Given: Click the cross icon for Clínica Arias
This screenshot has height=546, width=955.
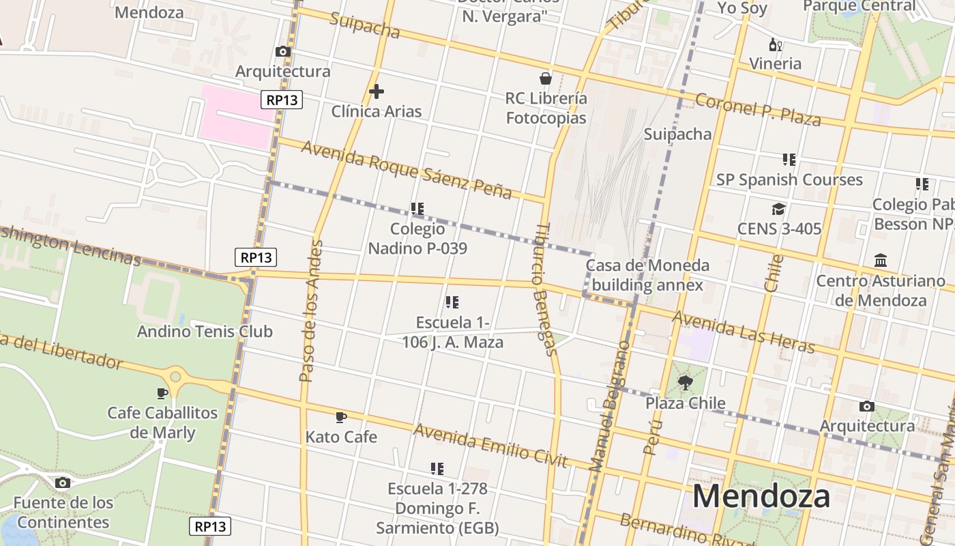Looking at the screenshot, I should pyautogui.click(x=376, y=91).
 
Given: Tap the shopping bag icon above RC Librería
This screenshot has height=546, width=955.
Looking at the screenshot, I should pyautogui.click(x=546, y=78).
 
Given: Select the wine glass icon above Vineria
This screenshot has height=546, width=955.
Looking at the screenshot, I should pyautogui.click(x=776, y=45).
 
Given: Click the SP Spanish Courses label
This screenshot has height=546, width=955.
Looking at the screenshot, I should pyautogui.click(x=789, y=179).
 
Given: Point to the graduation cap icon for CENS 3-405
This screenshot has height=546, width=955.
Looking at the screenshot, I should pyautogui.click(x=779, y=209).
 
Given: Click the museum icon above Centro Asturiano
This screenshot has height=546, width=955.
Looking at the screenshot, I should pyautogui.click(x=881, y=261).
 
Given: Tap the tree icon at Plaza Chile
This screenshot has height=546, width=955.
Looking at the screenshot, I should pyautogui.click(x=685, y=383).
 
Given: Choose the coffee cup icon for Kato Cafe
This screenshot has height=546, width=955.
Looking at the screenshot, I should pyautogui.click(x=341, y=417).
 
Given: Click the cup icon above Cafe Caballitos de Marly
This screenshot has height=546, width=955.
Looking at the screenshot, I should pyautogui.click(x=162, y=393).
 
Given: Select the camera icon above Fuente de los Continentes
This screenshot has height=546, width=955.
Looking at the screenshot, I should pyautogui.click(x=62, y=483).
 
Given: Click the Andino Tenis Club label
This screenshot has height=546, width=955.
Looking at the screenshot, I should pyautogui.click(x=205, y=332).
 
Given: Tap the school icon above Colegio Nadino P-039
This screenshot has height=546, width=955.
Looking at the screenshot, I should pyautogui.click(x=417, y=209).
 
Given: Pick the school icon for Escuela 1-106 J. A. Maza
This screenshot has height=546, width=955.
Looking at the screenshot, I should pyautogui.click(x=452, y=302).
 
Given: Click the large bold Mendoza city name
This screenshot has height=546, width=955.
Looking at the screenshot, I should pyautogui.click(x=761, y=496).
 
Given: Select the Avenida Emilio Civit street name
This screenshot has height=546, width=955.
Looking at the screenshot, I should pyautogui.click(x=490, y=446).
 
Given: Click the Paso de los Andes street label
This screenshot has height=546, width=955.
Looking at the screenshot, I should pyautogui.click(x=310, y=311).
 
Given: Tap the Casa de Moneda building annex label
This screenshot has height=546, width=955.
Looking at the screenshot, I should pyautogui.click(x=647, y=275).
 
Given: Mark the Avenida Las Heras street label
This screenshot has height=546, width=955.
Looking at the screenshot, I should pyautogui.click(x=744, y=332).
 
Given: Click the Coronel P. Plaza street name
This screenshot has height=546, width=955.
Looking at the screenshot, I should pyautogui.click(x=758, y=111).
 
